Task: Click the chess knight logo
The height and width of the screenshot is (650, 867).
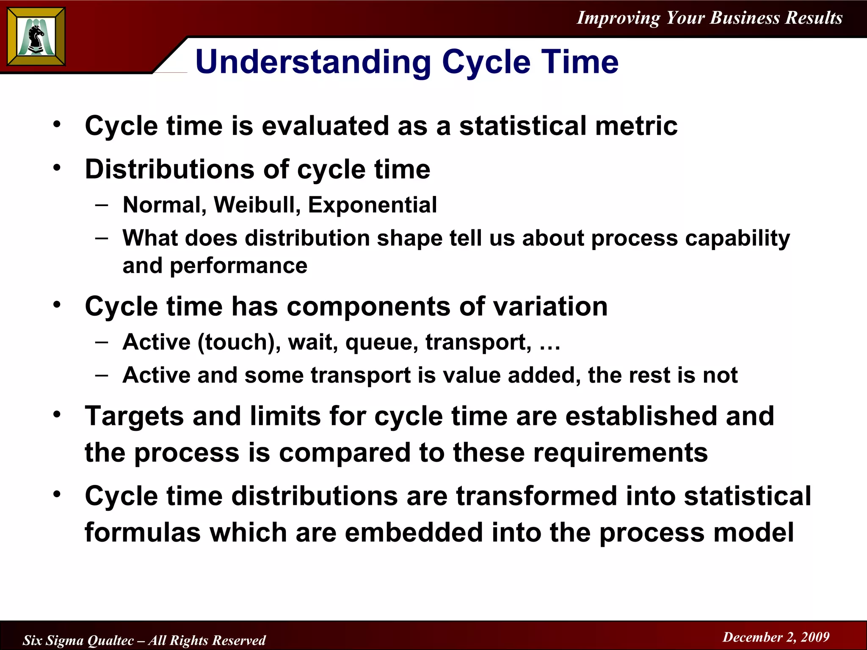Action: point(36,37)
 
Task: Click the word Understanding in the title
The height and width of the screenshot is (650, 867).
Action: point(313,63)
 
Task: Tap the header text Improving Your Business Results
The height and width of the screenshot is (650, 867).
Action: point(710,18)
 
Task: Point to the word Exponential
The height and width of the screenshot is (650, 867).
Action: point(372,205)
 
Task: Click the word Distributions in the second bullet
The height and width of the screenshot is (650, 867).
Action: point(169,170)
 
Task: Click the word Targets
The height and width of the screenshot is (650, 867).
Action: point(134,416)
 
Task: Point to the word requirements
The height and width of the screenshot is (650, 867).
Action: point(620,453)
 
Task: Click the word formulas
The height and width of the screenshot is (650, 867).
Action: point(142,532)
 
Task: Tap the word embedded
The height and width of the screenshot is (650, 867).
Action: point(414,532)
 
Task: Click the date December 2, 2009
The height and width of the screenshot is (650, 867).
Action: point(776,637)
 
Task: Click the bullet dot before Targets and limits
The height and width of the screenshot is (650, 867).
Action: point(57,414)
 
